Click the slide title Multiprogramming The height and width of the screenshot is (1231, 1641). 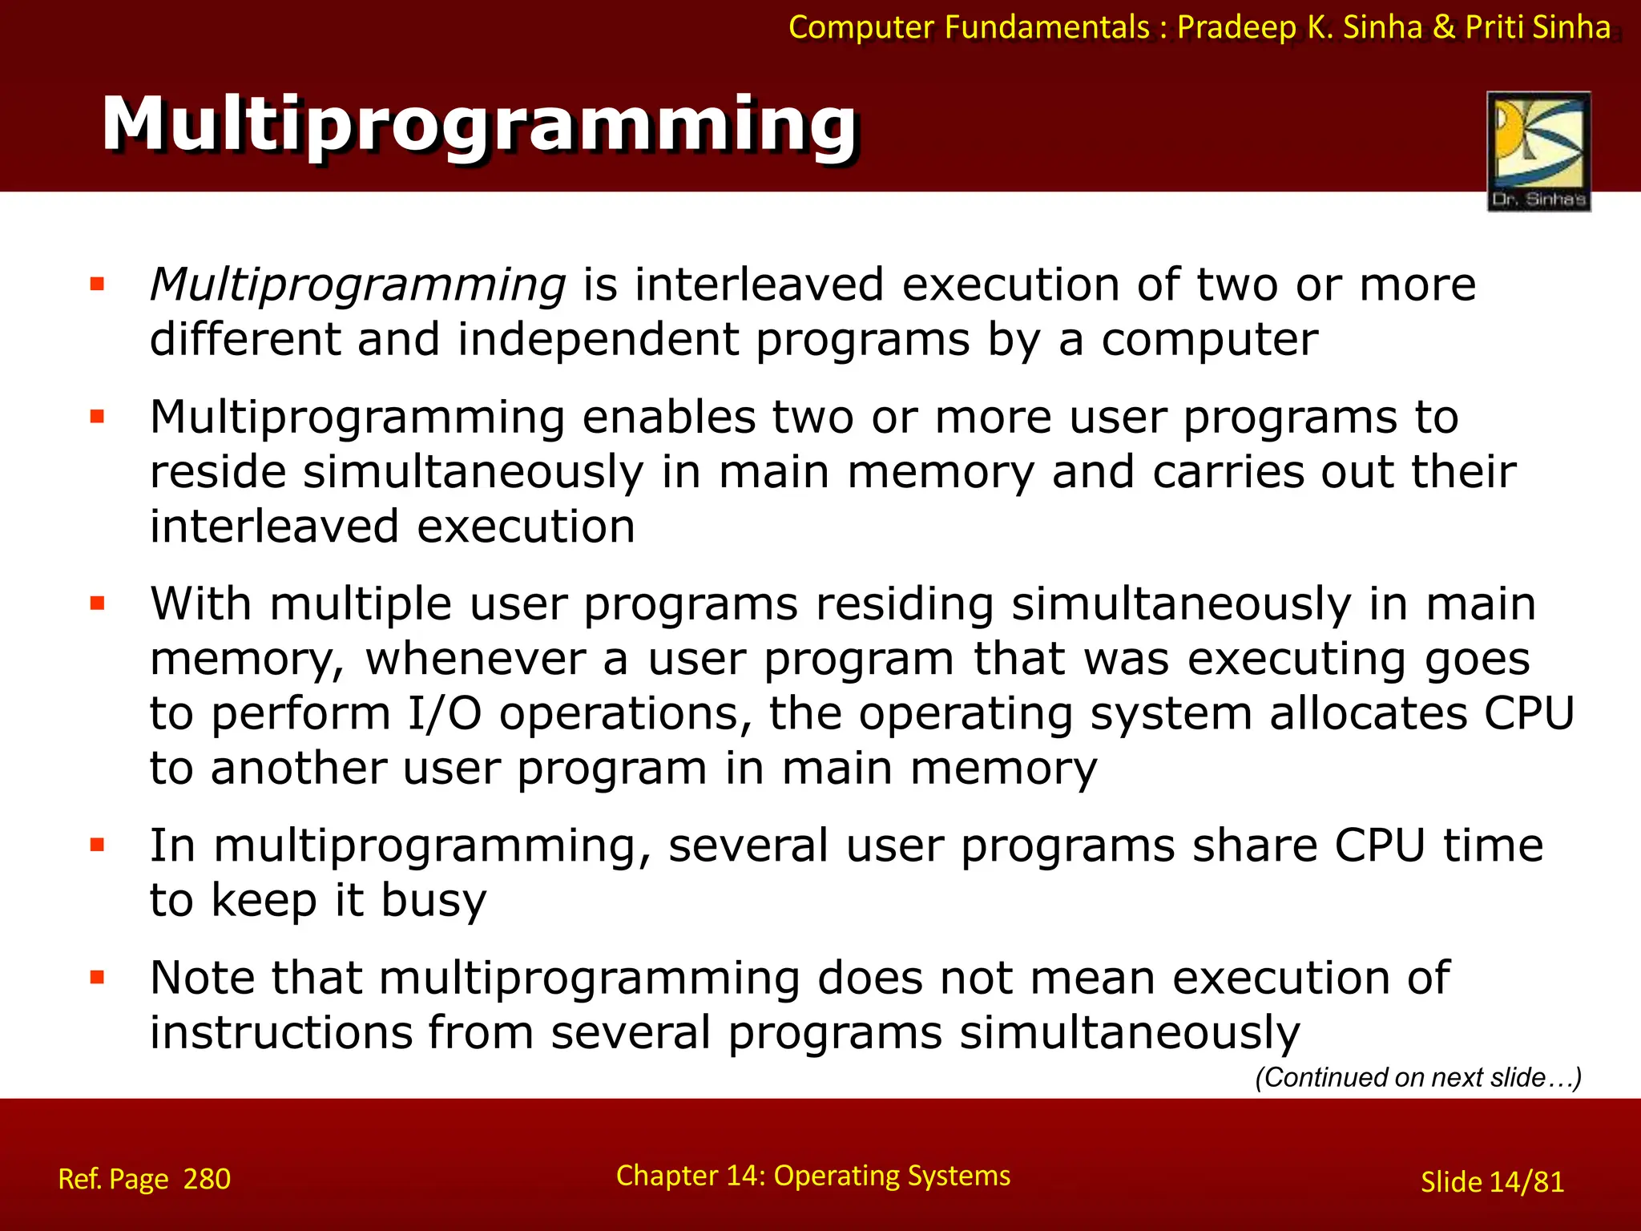(x=479, y=125)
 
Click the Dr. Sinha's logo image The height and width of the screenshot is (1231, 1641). (x=1538, y=151)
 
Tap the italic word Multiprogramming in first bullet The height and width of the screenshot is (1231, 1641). (x=358, y=285)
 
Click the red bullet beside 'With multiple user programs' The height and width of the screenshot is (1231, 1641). (x=98, y=603)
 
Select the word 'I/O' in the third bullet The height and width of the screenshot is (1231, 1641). (x=445, y=713)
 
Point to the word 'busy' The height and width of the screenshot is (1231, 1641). (x=433, y=900)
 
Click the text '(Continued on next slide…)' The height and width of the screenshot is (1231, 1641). (x=1417, y=1077)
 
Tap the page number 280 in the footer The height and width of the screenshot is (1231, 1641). (x=207, y=1179)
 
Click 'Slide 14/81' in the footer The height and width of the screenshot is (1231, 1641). (x=1492, y=1182)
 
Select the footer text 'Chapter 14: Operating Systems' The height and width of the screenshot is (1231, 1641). (x=812, y=1176)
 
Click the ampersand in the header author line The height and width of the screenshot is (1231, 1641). (x=1443, y=27)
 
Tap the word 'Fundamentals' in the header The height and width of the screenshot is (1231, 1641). (x=1046, y=27)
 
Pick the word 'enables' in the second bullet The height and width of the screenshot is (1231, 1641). (x=668, y=418)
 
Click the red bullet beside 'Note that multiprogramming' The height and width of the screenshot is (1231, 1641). (x=98, y=977)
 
